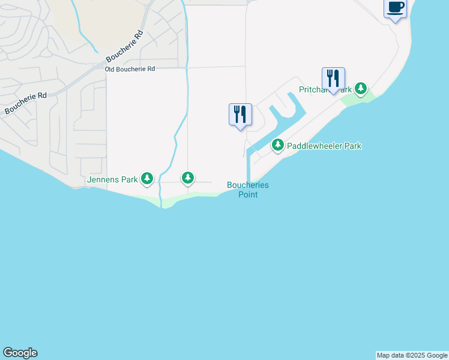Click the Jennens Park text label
(x=112, y=179)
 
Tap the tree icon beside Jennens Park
(x=147, y=178)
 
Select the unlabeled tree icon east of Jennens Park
(x=188, y=178)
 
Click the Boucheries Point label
(x=248, y=190)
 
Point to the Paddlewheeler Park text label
(x=324, y=146)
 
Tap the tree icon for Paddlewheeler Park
(x=277, y=145)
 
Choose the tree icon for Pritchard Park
(x=360, y=89)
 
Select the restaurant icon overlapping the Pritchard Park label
(x=333, y=79)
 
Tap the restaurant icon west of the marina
(x=240, y=114)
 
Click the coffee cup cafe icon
(x=395, y=8)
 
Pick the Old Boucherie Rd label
(x=130, y=70)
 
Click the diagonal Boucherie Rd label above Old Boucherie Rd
(x=125, y=47)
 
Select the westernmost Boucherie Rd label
(x=25, y=104)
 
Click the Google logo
(x=20, y=353)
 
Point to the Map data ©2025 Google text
(x=412, y=355)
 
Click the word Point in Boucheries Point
(x=248, y=194)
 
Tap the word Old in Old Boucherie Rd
(x=110, y=70)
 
